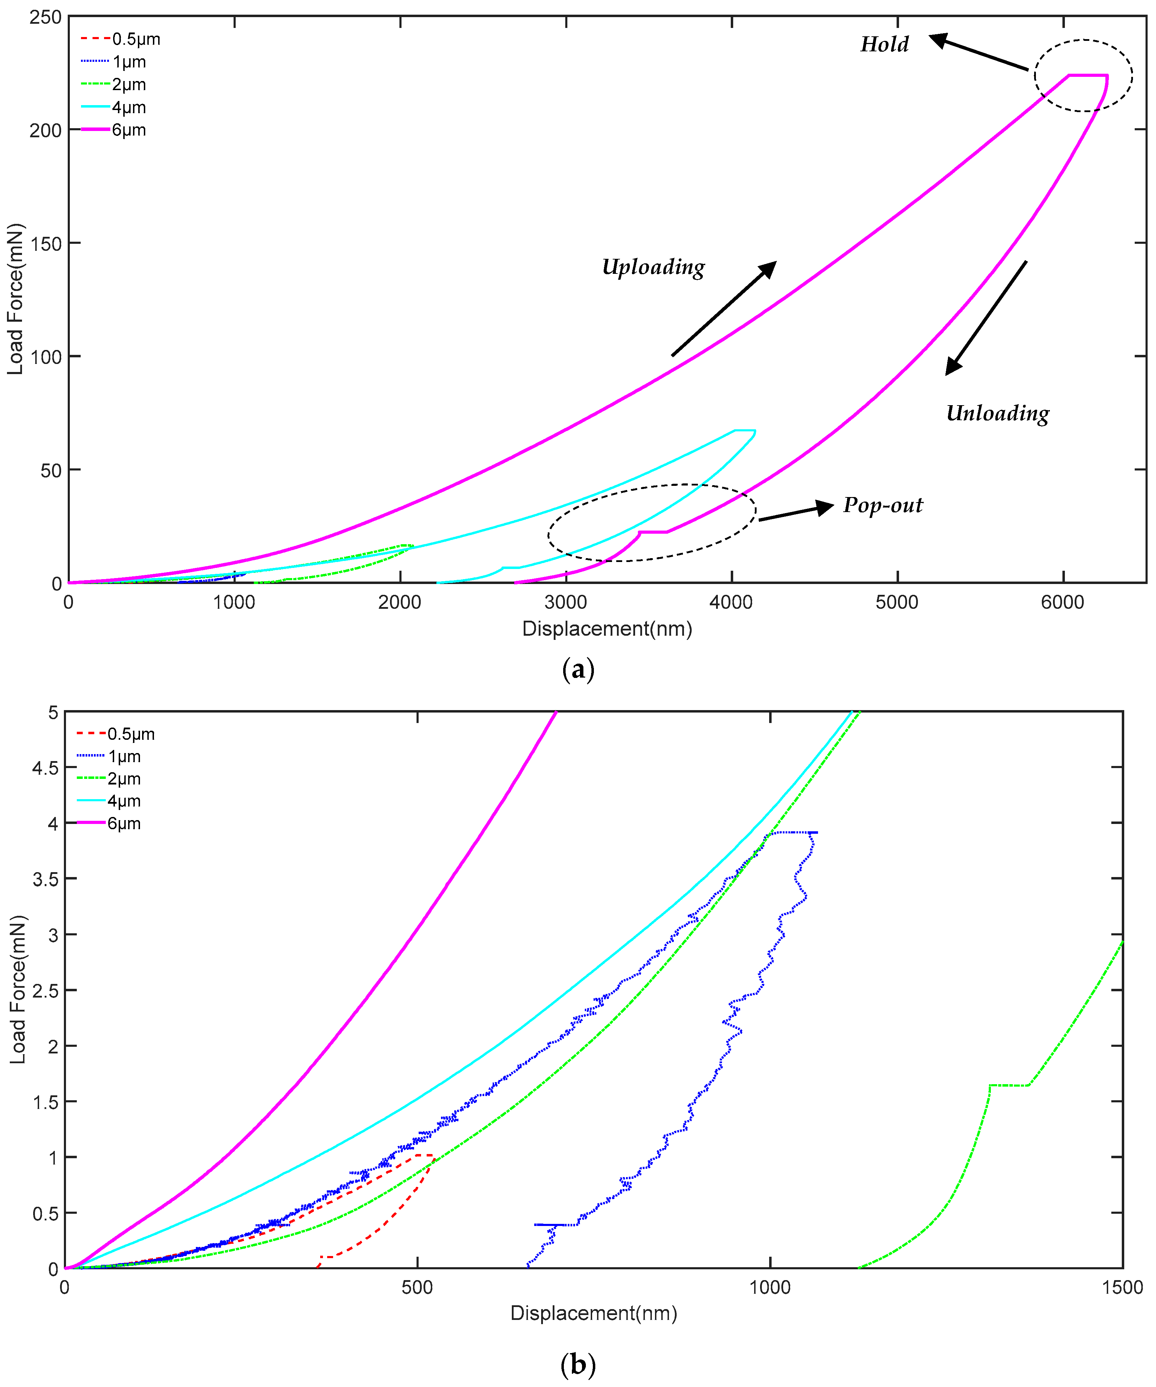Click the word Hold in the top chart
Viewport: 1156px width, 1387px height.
click(884, 44)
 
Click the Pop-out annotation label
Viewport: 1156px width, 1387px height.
click(883, 505)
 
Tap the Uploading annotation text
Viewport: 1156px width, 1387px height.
click(653, 267)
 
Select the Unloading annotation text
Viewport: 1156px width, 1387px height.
click(997, 414)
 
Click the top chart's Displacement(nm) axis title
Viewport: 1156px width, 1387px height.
click(607, 629)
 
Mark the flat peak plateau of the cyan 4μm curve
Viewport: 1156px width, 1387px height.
click(745, 431)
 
